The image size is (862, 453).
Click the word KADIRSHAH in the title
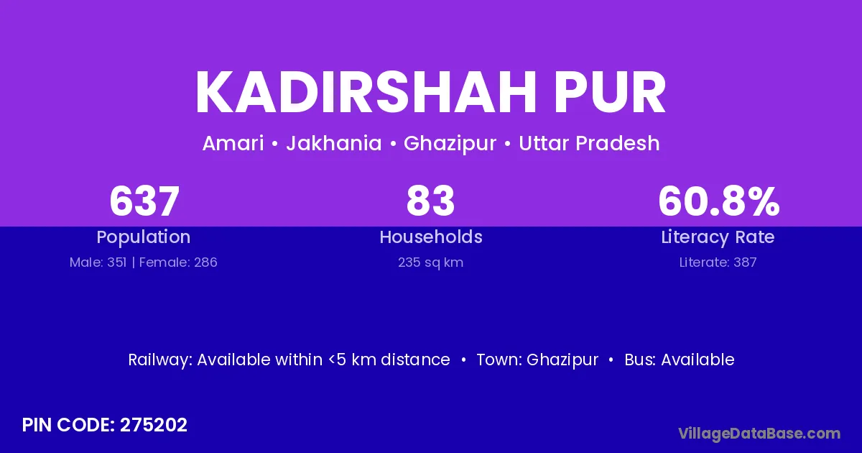tap(366, 93)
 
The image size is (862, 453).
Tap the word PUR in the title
tap(610, 93)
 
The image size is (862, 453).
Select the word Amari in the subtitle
tap(233, 143)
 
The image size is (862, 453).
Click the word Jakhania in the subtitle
tap(334, 143)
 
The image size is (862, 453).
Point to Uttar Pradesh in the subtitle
tap(589, 143)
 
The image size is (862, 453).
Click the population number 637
tap(144, 201)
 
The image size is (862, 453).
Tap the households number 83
tap(430, 201)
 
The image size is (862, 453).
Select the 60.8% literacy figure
tap(719, 201)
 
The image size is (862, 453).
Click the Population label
tap(144, 237)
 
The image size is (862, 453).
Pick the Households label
tap(431, 237)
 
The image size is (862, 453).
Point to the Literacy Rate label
tap(718, 237)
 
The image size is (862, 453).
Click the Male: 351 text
tap(98, 262)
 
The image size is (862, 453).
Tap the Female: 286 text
tap(178, 262)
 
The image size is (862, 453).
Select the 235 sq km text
tap(430, 262)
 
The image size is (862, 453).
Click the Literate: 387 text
tap(718, 262)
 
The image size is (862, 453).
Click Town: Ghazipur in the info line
tap(537, 360)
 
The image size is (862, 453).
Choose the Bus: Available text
tap(680, 360)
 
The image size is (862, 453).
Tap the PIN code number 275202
tap(154, 425)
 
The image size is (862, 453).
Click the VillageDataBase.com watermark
tap(759, 434)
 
